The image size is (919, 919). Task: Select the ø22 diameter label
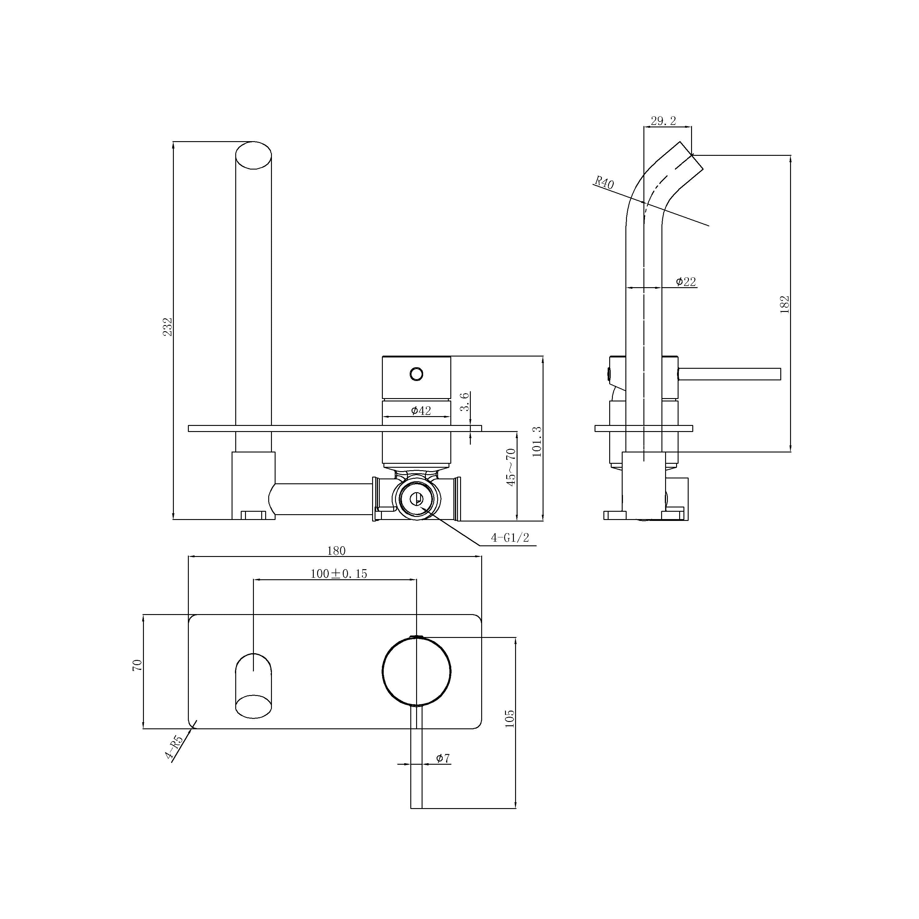tap(686, 282)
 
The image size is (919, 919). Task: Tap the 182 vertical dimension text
tap(785, 304)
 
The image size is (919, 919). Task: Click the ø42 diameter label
tap(421, 411)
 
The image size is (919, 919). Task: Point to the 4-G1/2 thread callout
tap(510, 538)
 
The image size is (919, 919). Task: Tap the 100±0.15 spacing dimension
tap(339, 574)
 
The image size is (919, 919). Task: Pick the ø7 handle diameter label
tap(443, 758)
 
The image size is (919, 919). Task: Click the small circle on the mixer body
tap(416, 374)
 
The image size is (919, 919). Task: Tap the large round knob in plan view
tap(416, 671)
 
